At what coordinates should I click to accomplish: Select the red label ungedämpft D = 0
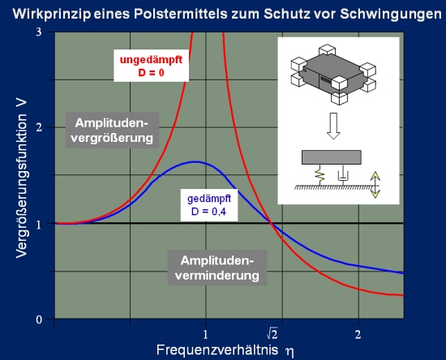point(152,66)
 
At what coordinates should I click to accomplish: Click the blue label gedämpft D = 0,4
point(209,205)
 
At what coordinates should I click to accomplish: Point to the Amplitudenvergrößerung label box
point(112,131)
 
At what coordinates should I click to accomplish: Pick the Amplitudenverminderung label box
point(217,268)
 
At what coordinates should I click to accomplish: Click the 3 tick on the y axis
point(39,32)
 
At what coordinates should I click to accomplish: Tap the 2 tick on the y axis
point(39,127)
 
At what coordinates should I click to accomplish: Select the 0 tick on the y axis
point(39,319)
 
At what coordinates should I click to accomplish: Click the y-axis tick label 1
point(39,225)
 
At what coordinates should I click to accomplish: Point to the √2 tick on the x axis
point(272,334)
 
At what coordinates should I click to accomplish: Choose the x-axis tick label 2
point(358,334)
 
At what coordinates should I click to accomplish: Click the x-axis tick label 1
point(205,334)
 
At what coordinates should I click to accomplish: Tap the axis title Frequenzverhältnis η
point(225,350)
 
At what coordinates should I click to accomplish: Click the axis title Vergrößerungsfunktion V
point(22,178)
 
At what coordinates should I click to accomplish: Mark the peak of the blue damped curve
point(195,162)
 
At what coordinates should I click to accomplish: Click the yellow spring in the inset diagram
point(319,175)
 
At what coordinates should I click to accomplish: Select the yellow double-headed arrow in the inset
point(375,185)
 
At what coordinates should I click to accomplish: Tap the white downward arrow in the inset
point(333,126)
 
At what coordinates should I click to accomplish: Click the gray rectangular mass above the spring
point(332,157)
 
